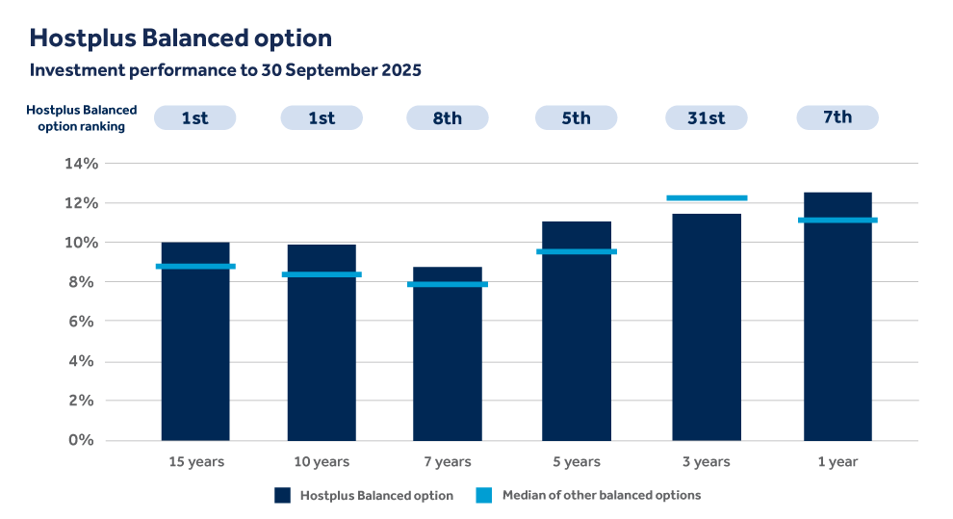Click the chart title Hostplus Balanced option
tap(180, 38)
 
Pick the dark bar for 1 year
tap(837, 317)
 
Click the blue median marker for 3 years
tap(707, 198)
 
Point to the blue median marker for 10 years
tap(322, 274)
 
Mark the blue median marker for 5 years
tap(577, 251)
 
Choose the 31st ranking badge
tap(707, 117)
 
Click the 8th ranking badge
tap(448, 117)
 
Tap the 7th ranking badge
tap(837, 117)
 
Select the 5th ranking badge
tap(577, 117)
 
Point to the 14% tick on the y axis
tap(81, 164)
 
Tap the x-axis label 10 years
tap(322, 462)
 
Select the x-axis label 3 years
tap(707, 462)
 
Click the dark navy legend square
tap(282, 495)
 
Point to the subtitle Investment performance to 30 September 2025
tap(225, 70)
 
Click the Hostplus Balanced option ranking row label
tap(82, 117)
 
